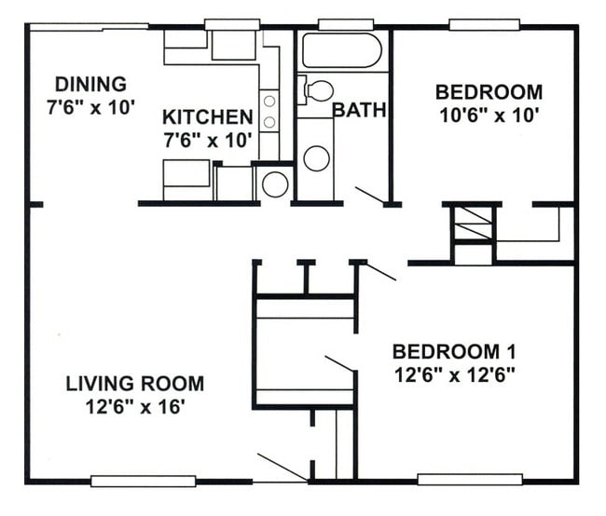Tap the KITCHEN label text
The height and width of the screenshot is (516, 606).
[x=207, y=116]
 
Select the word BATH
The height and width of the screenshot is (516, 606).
[x=359, y=110]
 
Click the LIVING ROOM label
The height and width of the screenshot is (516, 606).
[x=134, y=383]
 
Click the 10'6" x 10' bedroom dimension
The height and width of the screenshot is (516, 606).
[x=489, y=115]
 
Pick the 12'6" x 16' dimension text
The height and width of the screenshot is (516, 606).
[x=135, y=406]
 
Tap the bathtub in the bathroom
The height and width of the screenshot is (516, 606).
[x=341, y=50]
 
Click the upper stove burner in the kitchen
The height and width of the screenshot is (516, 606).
[x=269, y=101]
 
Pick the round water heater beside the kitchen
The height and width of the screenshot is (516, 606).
[x=274, y=183]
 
